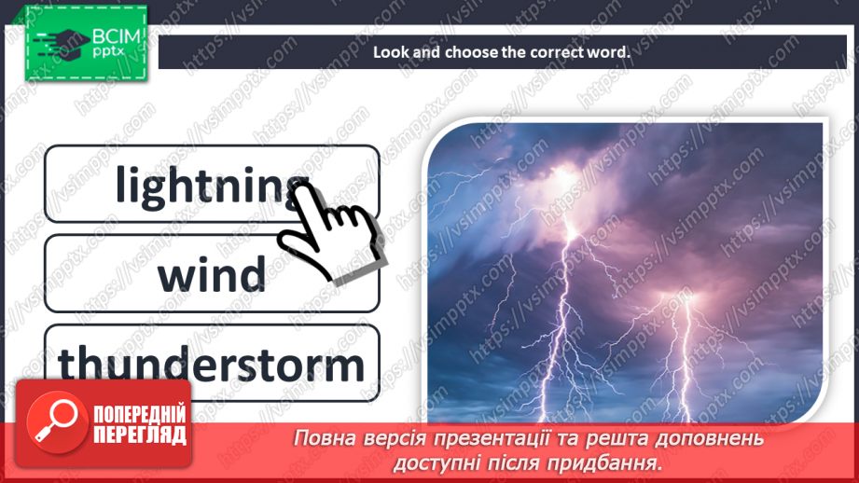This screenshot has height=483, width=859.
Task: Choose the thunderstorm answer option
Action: tap(212, 364)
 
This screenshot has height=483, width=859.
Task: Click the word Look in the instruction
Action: tap(391, 52)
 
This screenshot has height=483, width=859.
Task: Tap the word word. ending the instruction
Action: tap(610, 52)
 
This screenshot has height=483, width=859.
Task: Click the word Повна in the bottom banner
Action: tap(323, 437)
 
